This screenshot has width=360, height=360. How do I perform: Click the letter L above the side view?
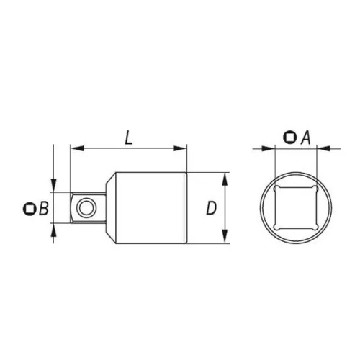tap(128, 138)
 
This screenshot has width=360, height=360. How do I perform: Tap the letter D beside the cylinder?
tap(211, 209)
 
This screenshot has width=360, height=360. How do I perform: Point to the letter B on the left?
tap(43, 209)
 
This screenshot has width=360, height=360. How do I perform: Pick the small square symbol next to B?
tap(29, 209)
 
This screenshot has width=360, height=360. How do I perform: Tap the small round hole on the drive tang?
tap(86, 209)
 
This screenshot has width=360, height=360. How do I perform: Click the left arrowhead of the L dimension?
tap(74, 149)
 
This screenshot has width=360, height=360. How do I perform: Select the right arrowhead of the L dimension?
tap(182, 149)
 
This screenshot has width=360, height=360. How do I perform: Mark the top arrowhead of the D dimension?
tap(225, 177)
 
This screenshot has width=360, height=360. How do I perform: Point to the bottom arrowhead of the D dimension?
tap(225, 240)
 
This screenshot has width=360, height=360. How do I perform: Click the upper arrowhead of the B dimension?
tap(55, 186)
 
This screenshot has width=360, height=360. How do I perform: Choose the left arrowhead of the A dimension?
tap(271, 149)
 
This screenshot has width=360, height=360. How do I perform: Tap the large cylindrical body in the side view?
tap(151, 209)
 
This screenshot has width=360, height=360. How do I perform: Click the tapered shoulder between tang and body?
tap(107, 209)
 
